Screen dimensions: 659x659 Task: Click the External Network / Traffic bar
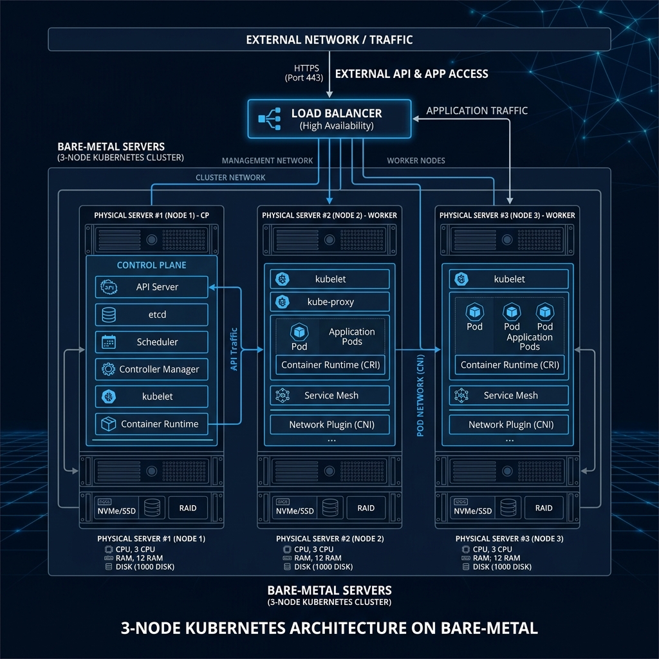click(329, 40)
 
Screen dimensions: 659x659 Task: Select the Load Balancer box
click(329, 118)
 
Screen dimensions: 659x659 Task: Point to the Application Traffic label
click(477, 111)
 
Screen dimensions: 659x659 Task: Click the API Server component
click(152, 287)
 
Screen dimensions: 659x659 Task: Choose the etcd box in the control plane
click(152, 315)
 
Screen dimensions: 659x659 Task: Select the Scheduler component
click(152, 342)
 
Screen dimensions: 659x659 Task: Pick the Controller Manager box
click(152, 369)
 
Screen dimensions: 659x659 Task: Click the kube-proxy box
click(329, 302)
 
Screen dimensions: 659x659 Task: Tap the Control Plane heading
click(152, 265)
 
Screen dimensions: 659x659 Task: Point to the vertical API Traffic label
click(234, 348)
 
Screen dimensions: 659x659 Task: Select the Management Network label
click(267, 160)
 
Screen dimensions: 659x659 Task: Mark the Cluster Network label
click(230, 178)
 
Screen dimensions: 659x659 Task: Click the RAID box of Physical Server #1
click(188, 508)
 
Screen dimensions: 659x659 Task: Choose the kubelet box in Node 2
click(329, 279)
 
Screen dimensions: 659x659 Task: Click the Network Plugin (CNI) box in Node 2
click(329, 425)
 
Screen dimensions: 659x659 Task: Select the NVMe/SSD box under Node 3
click(473, 507)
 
